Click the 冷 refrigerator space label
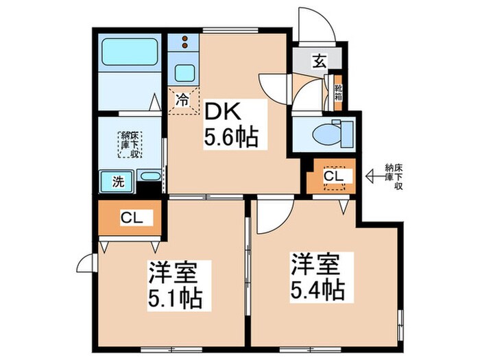pyautogui.click(x=183, y=99)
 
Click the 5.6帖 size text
pyautogui.click(x=230, y=139)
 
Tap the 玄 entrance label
pyautogui.click(x=320, y=62)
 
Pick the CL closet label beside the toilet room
pyautogui.click(x=333, y=177)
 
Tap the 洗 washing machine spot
pyautogui.click(x=117, y=182)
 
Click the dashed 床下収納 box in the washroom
pyautogui.click(x=130, y=145)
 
